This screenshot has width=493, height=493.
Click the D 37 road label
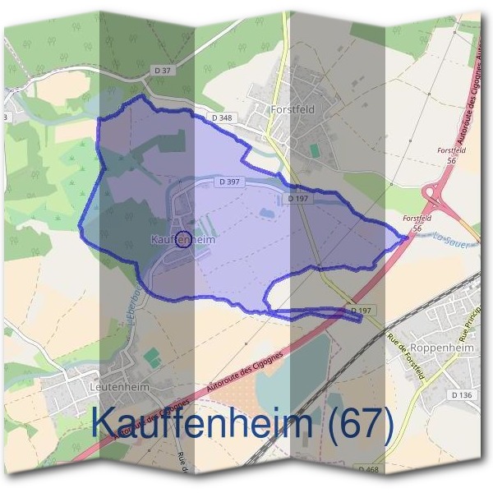[164, 70]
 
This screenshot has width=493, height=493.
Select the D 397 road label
[229, 182]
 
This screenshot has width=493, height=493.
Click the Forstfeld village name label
[293, 108]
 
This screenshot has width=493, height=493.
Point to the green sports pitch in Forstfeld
[315, 152]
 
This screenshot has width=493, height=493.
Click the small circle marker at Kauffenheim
[184, 240]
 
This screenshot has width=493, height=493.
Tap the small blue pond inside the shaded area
[267, 214]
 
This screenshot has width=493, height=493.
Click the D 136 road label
[462, 396]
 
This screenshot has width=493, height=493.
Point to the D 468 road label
[369, 469]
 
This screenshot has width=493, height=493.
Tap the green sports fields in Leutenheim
[151, 357]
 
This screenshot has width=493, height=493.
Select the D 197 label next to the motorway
[362, 311]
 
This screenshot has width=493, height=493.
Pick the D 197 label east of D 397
[298, 199]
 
